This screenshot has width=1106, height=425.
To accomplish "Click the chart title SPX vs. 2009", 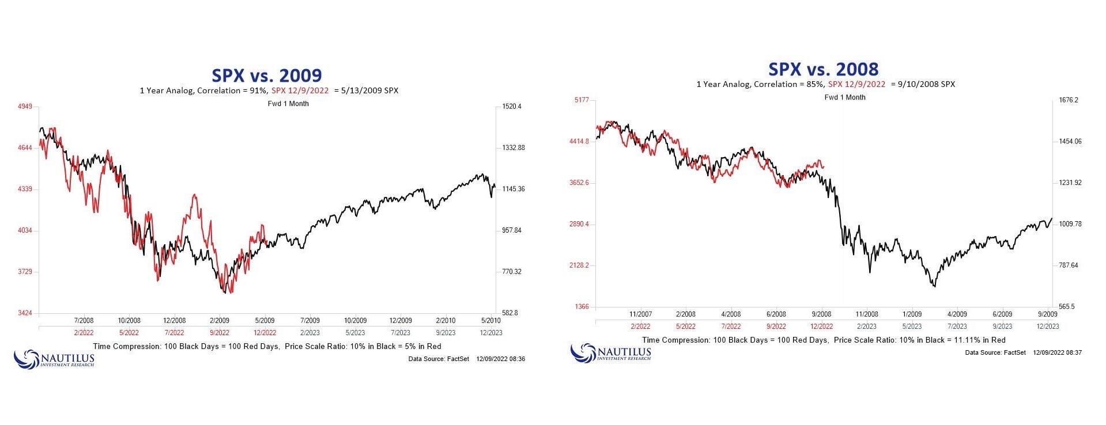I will [x=266, y=75].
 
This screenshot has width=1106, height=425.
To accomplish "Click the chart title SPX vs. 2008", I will [x=823, y=69].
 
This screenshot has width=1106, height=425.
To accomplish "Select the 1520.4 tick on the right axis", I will [x=511, y=107].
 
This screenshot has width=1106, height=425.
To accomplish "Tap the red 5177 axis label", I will [x=582, y=100].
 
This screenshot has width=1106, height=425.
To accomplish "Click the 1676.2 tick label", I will [x=1069, y=100].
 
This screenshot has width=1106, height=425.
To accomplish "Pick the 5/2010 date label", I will [x=490, y=320].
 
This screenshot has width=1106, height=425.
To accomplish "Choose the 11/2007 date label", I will [x=640, y=314].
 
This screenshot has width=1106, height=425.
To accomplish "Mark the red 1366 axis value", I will [x=582, y=307].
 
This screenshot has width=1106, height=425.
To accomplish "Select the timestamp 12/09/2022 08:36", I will [x=500, y=359].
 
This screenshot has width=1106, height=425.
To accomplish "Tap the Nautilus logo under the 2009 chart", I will [x=54, y=358].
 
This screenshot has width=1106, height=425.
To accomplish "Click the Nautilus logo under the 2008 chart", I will [x=610, y=352].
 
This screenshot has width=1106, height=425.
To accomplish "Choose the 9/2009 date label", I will [x=1047, y=314].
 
